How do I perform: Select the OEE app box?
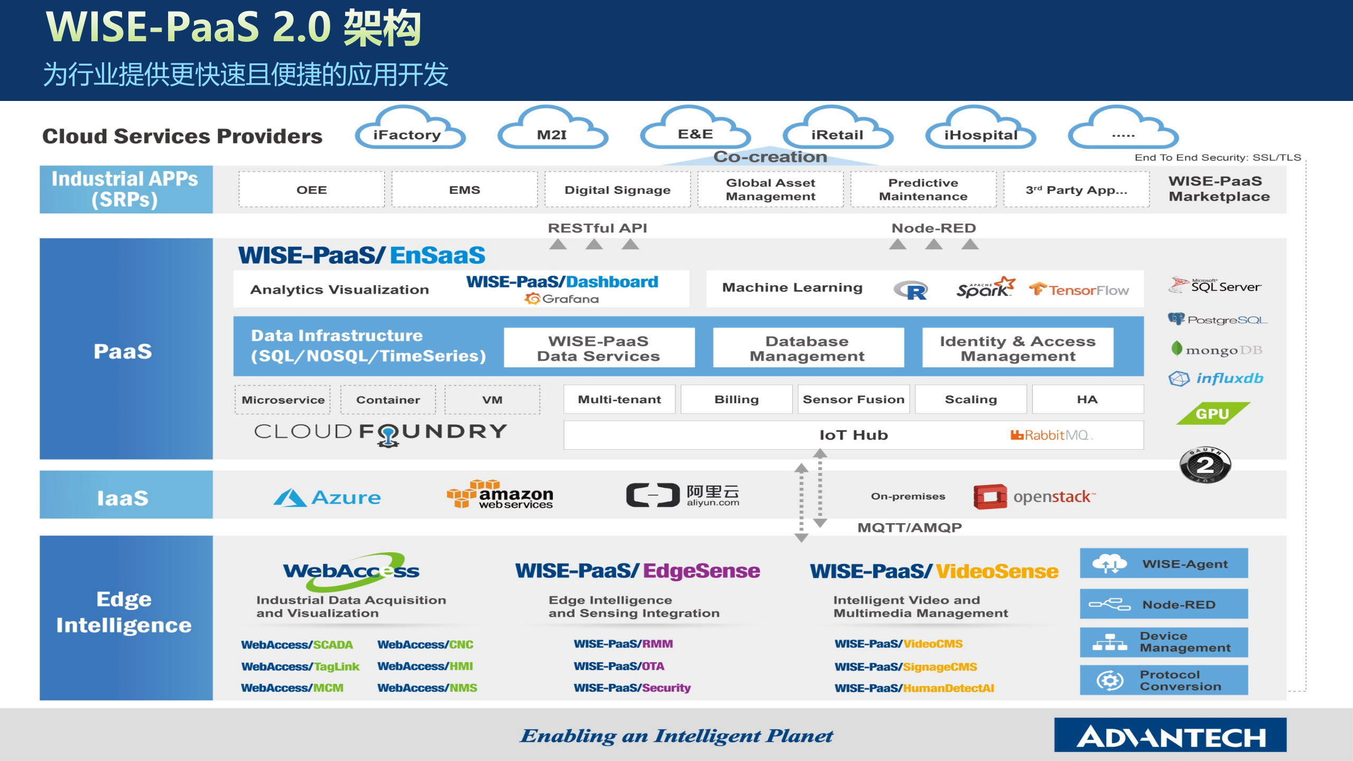coord(311,190)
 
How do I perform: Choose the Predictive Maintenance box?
coord(923,190)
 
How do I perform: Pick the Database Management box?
coord(808,348)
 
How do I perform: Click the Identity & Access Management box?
coord(1017,348)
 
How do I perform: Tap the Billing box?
coord(736,400)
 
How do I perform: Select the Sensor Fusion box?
coord(854,400)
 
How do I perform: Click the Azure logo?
coord(327,497)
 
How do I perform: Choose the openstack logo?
coord(1034,497)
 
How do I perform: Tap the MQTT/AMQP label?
coord(909,527)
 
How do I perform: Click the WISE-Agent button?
coord(1164,564)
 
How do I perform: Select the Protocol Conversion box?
coord(1164,681)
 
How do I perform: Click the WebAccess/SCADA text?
coord(296,645)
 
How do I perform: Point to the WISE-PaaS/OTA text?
coord(619,666)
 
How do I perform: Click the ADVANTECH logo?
coord(1170,736)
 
